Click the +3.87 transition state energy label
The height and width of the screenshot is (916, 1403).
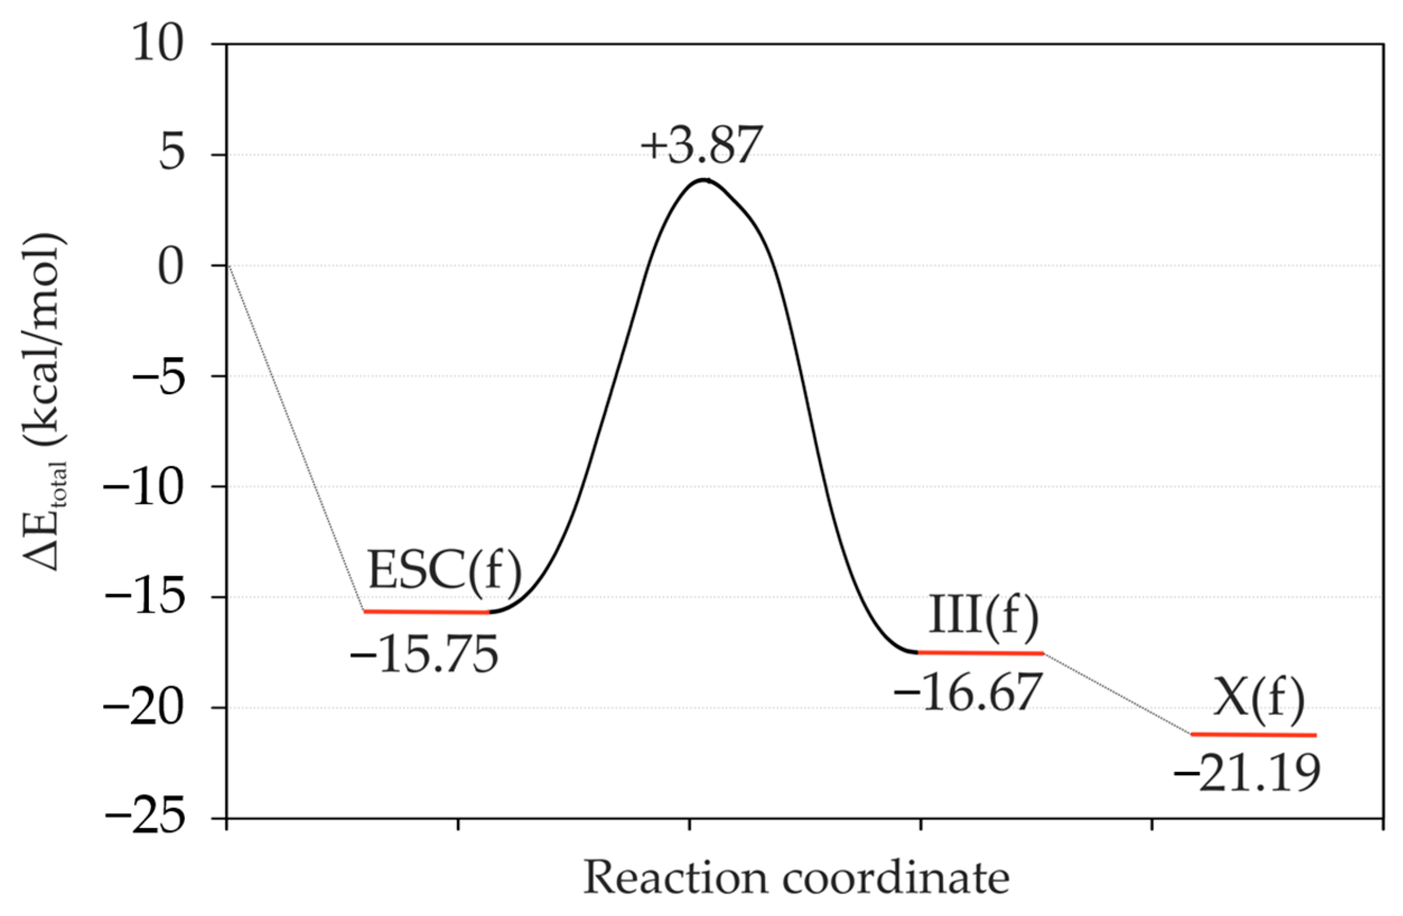701,144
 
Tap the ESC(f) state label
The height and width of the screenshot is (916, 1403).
445,571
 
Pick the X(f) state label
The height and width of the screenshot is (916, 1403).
1259,705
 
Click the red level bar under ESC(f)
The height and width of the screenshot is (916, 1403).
426,612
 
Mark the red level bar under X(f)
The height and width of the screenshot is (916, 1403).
1253,735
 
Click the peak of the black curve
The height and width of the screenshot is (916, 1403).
703,179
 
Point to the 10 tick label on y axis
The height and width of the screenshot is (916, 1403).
158,45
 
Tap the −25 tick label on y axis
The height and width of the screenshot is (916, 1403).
144,817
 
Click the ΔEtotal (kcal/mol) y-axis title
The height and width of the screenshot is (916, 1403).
46,401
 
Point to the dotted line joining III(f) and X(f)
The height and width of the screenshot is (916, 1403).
1117,693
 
